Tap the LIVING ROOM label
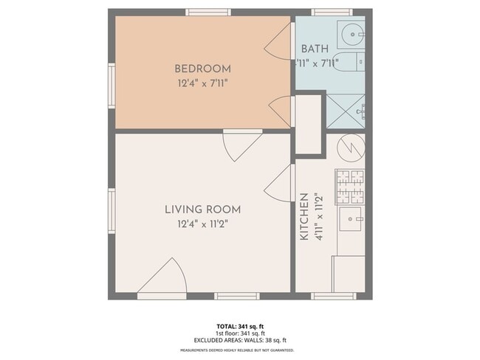(x=202, y=210)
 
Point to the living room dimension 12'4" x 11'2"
(x=202, y=224)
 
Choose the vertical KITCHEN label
(x=304, y=218)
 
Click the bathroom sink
(x=351, y=33)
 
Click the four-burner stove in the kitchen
(x=350, y=186)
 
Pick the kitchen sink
(x=351, y=218)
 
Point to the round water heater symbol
(x=351, y=148)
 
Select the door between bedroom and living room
(x=242, y=145)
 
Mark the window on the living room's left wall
(x=112, y=211)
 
